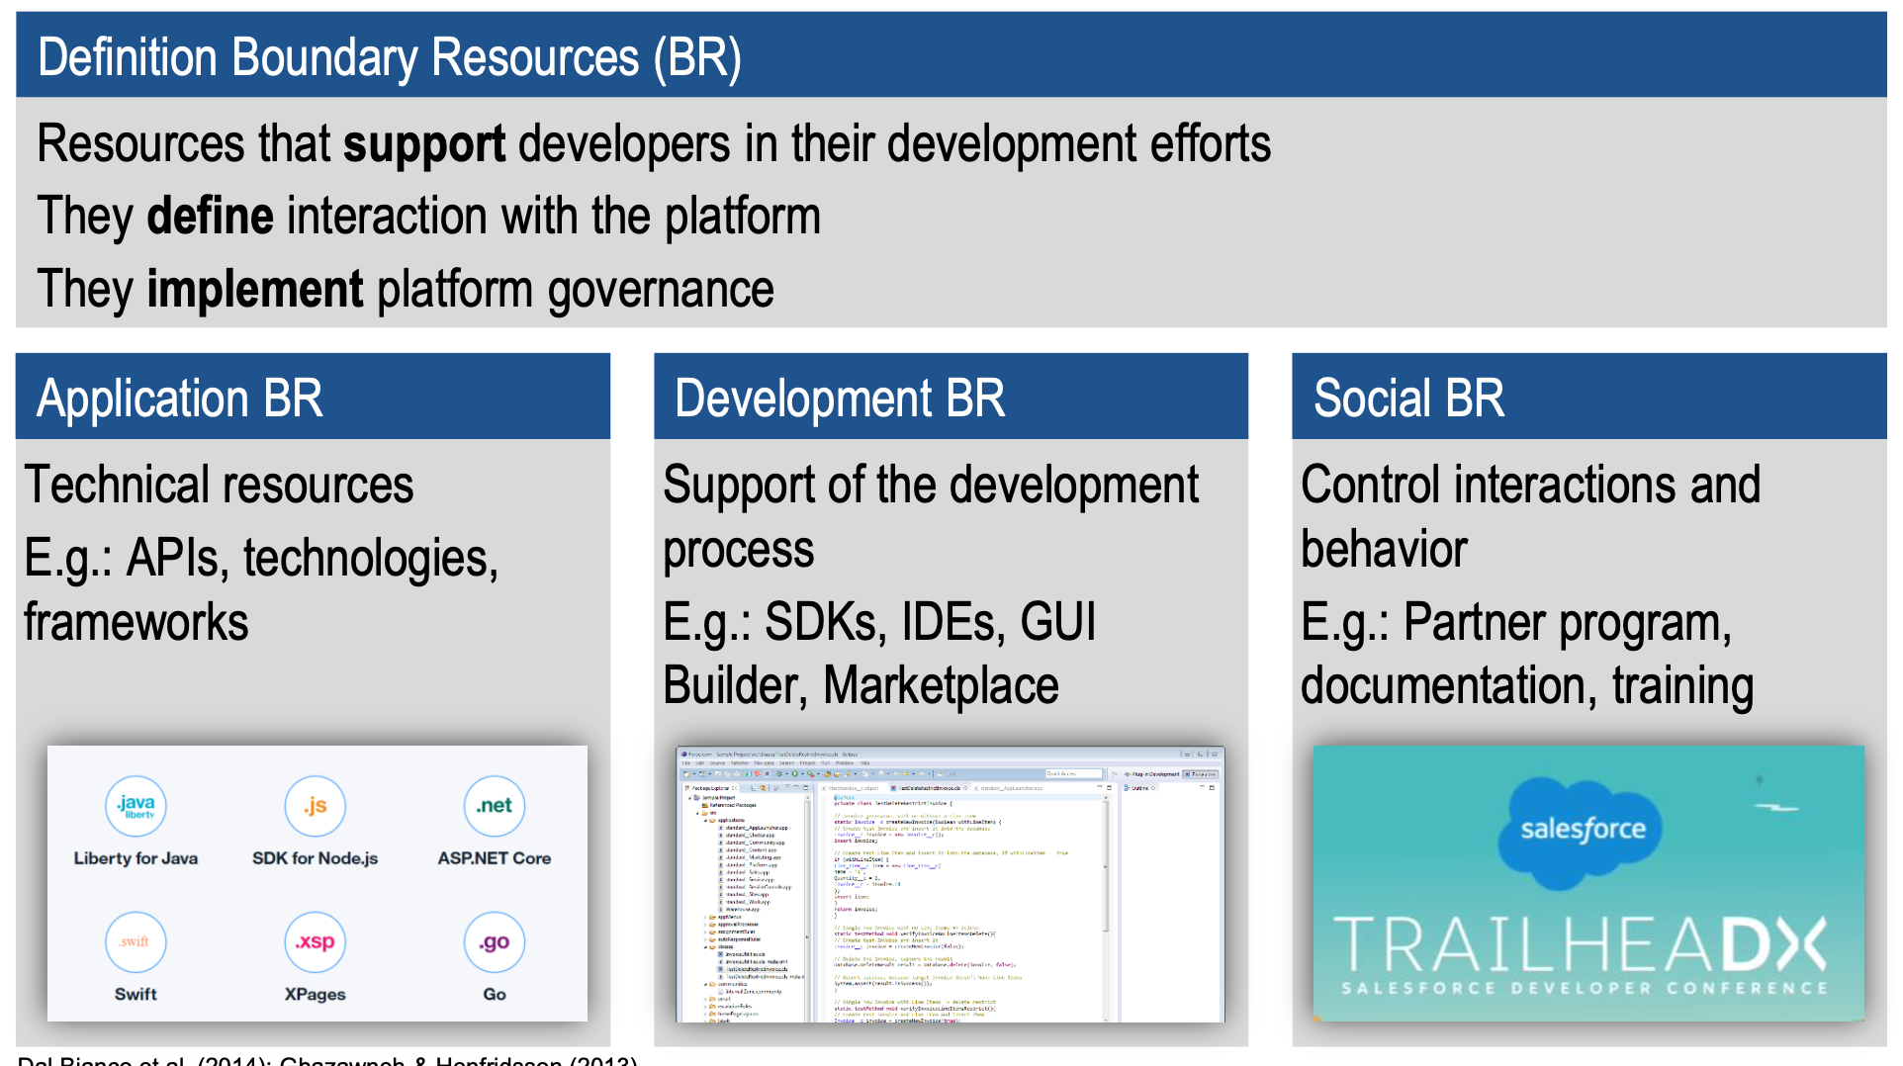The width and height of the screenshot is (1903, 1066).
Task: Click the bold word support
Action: click(424, 144)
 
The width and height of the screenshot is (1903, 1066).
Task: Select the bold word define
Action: click(210, 217)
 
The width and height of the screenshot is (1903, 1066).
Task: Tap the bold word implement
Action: click(255, 290)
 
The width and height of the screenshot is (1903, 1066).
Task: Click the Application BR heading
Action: click(180, 399)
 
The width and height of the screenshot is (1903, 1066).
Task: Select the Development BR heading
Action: click(839, 399)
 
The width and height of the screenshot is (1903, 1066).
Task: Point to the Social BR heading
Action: click(1408, 399)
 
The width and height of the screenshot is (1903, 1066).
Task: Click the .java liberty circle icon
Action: click(136, 806)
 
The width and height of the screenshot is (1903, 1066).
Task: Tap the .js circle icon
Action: click(315, 806)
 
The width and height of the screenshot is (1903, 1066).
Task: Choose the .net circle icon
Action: click(494, 806)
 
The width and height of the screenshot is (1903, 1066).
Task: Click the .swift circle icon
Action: click(136, 941)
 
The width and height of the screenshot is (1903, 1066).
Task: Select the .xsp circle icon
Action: click(315, 941)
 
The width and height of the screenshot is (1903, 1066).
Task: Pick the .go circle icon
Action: click(494, 941)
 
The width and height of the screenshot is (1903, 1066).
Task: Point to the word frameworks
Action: click(136, 622)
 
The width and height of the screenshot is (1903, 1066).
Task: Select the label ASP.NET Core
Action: click(494, 858)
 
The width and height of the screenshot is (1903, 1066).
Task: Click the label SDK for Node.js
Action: click(315, 858)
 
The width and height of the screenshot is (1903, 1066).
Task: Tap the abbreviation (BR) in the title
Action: click(696, 57)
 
